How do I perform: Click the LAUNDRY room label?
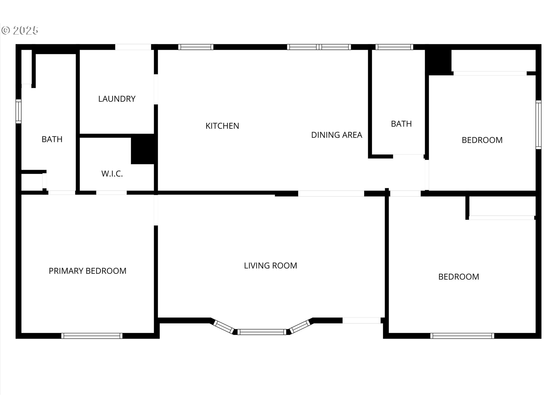point(117,99)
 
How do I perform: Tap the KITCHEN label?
point(222,126)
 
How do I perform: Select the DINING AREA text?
point(337,135)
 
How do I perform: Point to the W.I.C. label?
point(112,174)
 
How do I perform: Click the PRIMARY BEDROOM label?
point(87,271)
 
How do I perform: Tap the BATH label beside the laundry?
point(52,139)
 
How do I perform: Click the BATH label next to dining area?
point(401,124)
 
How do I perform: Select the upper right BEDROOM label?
point(482,140)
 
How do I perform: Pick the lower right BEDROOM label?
point(458,277)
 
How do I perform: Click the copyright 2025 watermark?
point(20,30)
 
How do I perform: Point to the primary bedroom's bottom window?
point(92,336)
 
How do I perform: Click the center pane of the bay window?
point(262,332)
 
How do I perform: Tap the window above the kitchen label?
point(196,47)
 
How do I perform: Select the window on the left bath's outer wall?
point(19,111)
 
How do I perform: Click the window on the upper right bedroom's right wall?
point(538,125)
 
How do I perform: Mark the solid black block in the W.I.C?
point(142,149)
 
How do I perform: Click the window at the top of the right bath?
point(394,47)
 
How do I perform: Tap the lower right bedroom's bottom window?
point(462,336)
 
